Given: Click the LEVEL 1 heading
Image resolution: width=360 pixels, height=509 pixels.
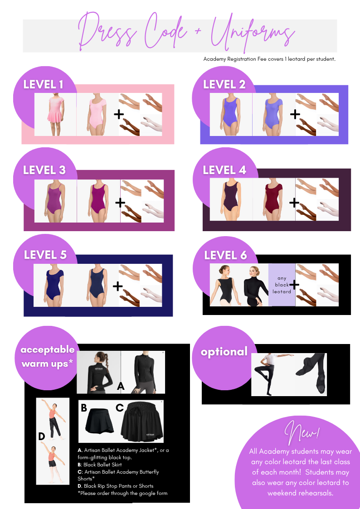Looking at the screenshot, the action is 43,85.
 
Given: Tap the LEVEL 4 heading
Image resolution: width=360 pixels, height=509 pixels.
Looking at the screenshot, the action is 224,170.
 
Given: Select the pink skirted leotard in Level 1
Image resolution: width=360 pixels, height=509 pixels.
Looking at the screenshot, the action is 55,115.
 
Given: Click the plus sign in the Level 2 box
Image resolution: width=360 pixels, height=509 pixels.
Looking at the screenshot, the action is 295,114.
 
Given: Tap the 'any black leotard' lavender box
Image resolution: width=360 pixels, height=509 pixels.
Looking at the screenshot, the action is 282,285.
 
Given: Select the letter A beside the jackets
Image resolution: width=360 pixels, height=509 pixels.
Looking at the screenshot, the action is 121,386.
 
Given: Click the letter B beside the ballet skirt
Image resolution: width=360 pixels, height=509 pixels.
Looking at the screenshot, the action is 84,407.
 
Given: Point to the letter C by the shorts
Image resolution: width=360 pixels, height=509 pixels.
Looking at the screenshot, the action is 120,407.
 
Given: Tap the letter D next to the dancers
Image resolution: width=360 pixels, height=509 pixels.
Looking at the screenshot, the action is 42,436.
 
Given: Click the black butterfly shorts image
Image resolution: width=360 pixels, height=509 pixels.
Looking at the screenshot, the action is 141,422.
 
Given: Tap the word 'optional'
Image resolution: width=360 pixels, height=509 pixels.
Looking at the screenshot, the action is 224,352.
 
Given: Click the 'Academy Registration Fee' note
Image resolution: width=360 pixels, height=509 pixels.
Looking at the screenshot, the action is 269,59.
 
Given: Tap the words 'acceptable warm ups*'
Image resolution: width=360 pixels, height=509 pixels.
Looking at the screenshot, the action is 48,356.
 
